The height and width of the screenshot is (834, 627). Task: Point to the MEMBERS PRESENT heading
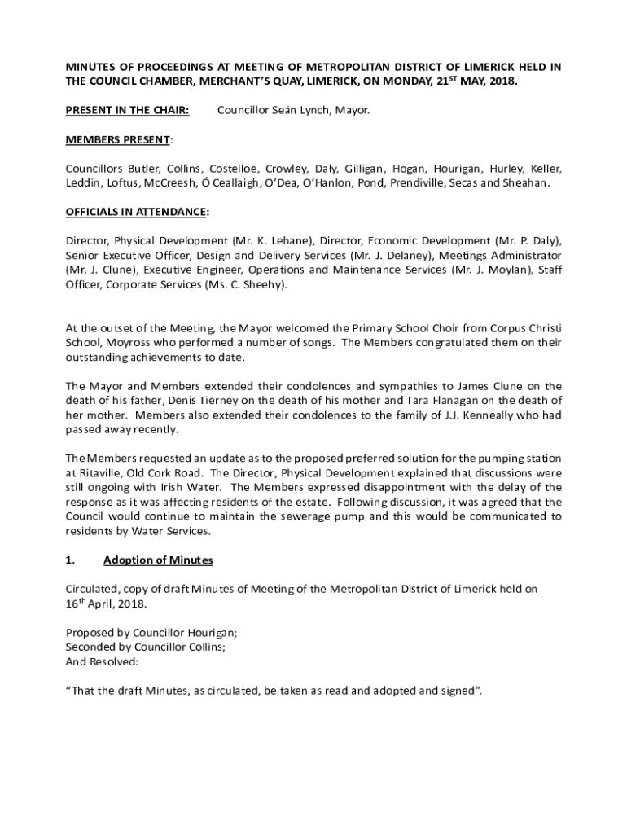pos(118,139)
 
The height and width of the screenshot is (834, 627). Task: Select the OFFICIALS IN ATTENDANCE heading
pos(136,212)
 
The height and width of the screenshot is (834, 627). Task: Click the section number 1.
pos(70,560)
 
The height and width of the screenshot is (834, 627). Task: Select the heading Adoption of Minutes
pos(158,560)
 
